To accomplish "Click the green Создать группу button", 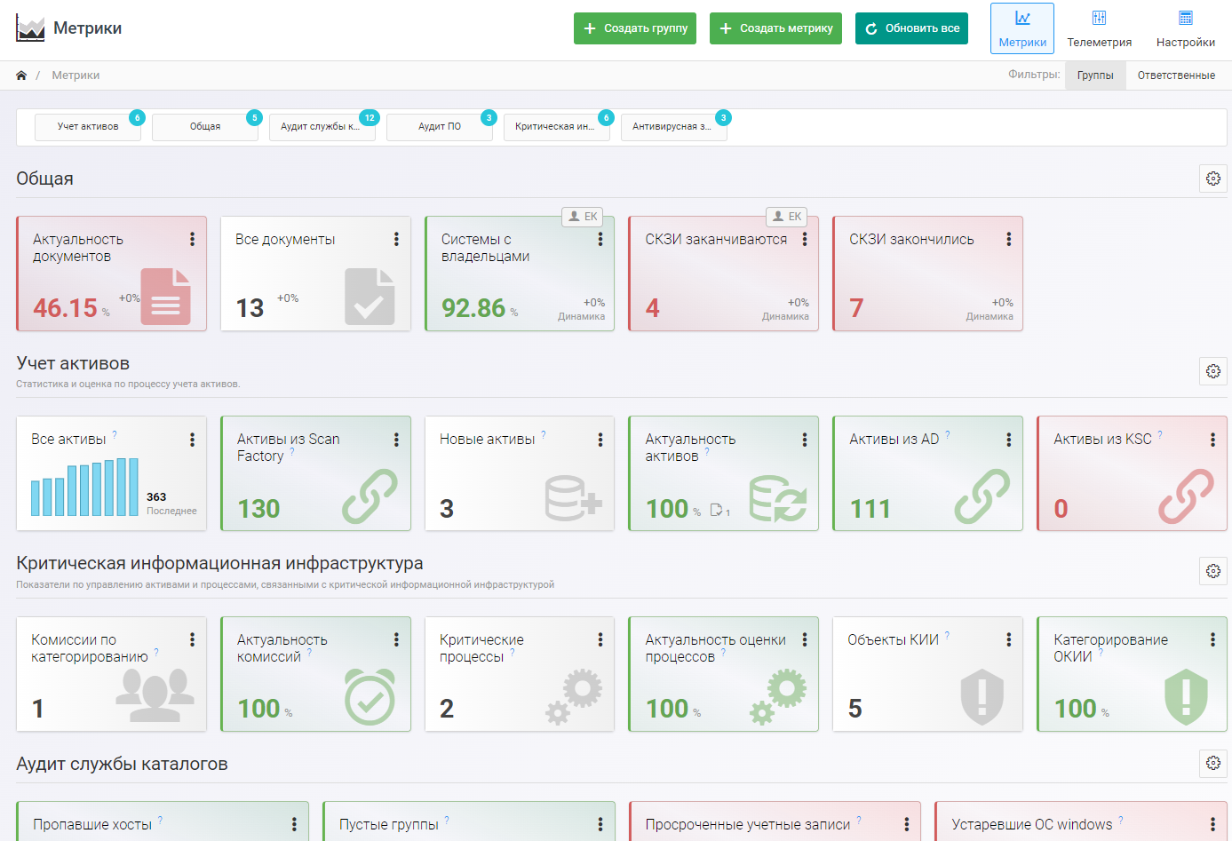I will pyautogui.click(x=634, y=28).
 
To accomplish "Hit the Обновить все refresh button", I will pyautogui.click(x=911, y=28).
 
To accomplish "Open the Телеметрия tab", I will pyautogui.click(x=1099, y=28).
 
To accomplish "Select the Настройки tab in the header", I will pyautogui.click(x=1185, y=28).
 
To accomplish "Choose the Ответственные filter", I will pyautogui.click(x=1176, y=75).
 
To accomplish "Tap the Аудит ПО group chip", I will pyautogui.click(x=440, y=127).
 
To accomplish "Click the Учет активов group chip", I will pyautogui.click(x=88, y=127).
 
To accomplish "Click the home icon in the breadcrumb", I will pyautogui.click(x=21, y=75).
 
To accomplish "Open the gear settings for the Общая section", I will pyautogui.click(x=1213, y=179).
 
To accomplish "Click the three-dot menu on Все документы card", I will pyautogui.click(x=396, y=239).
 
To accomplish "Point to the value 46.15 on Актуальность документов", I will pyautogui.click(x=65, y=308).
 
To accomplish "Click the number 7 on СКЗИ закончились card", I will pyautogui.click(x=856, y=308).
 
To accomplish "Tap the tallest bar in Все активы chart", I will pyautogui.click(x=133, y=487).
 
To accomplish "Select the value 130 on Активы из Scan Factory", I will pyautogui.click(x=258, y=509).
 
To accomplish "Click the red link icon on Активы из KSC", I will pyautogui.click(x=1186, y=496).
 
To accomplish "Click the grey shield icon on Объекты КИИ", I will pyautogui.click(x=982, y=696).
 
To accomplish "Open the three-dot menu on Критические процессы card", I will pyautogui.click(x=600, y=639).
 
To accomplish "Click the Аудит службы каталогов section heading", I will pyautogui.click(x=122, y=764).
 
